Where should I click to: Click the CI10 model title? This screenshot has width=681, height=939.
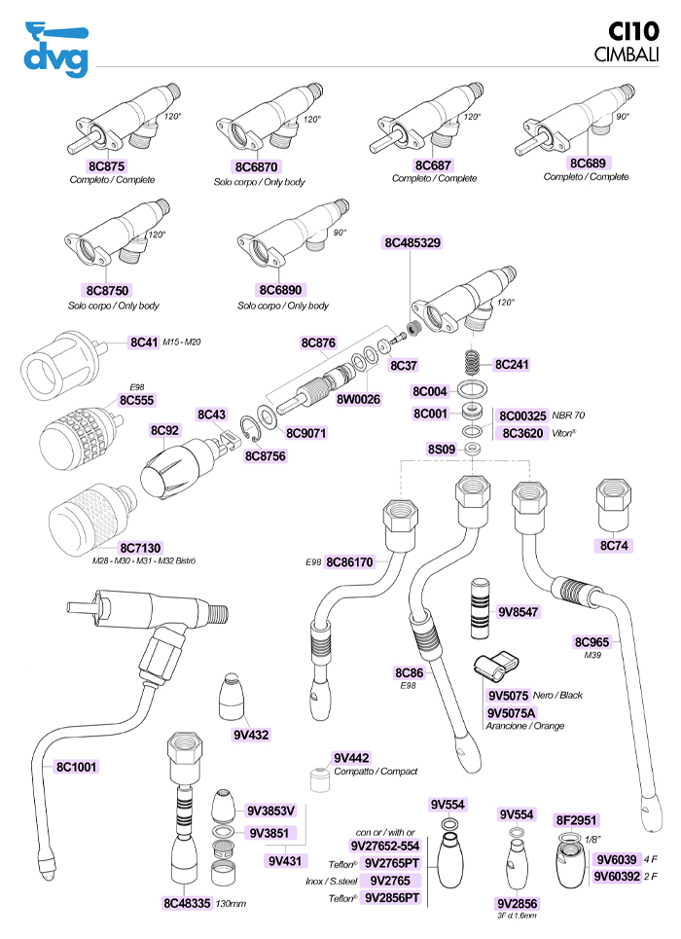pos(633,31)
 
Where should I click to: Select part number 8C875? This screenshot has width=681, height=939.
pos(106,165)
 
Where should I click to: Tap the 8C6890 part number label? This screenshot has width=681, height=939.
pos(280,290)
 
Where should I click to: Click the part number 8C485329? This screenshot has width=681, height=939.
pos(412,242)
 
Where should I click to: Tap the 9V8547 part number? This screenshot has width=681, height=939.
pos(519,612)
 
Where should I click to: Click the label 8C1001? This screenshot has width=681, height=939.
pos(76,767)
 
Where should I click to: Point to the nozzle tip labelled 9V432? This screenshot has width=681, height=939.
pos(232,697)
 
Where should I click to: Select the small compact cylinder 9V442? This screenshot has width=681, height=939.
pos(320,779)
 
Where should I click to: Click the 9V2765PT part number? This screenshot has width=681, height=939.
pos(392,863)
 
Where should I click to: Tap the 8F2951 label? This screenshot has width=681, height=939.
pos(576,820)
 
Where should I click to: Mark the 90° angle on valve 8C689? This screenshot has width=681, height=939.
pos(623,116)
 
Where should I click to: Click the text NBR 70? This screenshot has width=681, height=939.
pos(568,415)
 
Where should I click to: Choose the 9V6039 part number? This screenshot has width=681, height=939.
pos(617,860)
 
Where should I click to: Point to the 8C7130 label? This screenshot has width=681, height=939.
pos(140,548)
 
